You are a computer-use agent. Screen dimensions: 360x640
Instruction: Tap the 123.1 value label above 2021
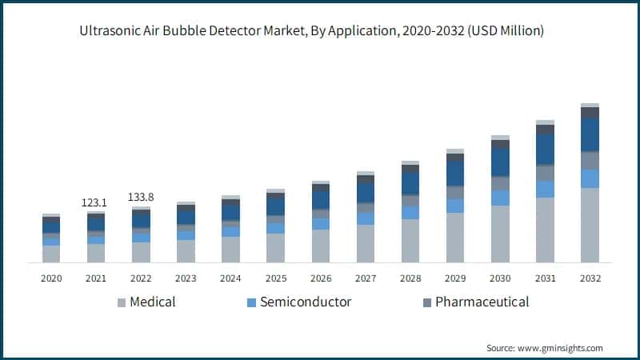(x=95, y=203)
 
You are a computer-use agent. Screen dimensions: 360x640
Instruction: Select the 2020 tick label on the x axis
(x=51, y=278)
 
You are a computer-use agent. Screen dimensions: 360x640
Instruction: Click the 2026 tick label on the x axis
(x=320, y=278)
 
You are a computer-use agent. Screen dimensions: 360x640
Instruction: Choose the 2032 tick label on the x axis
(x=590, y=278)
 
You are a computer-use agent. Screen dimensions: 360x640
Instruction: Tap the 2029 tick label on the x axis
(x=455, y=278)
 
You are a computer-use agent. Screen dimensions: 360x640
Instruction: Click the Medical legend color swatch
(x=122, y=302)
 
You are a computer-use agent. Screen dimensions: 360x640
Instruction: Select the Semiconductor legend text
(x=306, y=302)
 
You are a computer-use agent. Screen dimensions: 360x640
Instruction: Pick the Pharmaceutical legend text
(x=482, y=302)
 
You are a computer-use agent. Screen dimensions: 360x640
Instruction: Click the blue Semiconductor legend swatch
(x=251, y=302)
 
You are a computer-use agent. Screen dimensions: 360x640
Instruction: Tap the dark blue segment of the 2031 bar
(x=545, y=150)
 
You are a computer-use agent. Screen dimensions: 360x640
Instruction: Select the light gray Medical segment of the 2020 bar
(x=51, y=254)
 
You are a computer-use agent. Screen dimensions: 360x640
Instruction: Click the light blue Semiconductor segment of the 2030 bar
(x=500, y=198)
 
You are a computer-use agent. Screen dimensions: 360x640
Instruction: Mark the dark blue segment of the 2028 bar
(x=410, y=184)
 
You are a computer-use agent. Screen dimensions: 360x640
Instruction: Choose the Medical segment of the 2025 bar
(x=275, y=248)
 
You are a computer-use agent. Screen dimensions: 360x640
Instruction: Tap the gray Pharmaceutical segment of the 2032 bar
(x=590, y=160)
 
